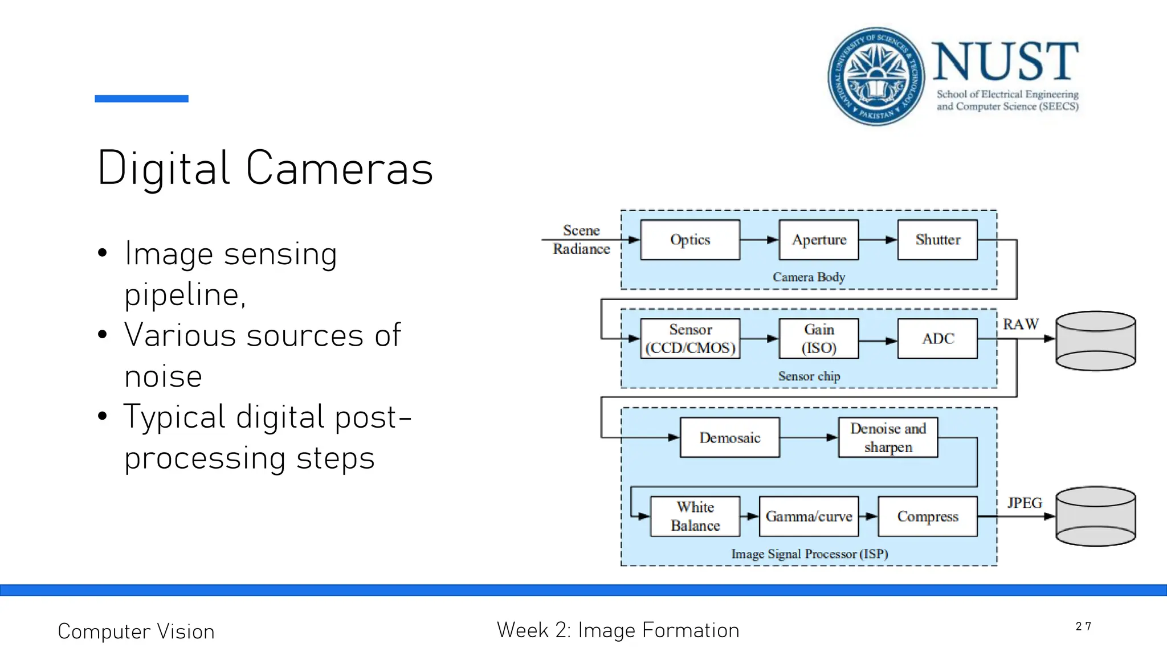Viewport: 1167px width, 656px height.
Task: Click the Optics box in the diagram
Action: click(690, 240)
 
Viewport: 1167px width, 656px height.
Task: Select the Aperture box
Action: click(819, 240)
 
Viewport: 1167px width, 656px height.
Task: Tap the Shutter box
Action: click(937, 240)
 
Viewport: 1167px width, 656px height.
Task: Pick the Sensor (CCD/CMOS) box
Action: click(690, 338)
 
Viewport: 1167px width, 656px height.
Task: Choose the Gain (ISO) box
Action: click(819, 338)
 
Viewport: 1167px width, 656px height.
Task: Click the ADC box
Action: click(937, 338)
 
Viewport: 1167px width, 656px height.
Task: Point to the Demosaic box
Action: click(730, 437)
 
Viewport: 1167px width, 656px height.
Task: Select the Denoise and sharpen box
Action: click(888, 437)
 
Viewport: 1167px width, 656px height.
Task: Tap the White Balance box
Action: click(695, 516)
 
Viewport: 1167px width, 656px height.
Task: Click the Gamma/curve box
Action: click(809, 516)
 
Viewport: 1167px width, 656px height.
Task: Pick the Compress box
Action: click(928, 516)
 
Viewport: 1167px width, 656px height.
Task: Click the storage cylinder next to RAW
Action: click(1095, 341)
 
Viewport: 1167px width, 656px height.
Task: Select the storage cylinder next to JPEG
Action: click(1095, 516)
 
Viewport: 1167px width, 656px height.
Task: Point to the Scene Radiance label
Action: click(581, 240)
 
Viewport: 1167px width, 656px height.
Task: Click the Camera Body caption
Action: click(809, 277)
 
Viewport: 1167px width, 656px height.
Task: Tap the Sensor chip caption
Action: click(809, 376)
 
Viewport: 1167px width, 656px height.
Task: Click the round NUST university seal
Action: click(876, 76)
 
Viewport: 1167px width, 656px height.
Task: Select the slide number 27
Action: click(1083, 626)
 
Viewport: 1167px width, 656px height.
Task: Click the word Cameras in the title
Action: click(340, 169)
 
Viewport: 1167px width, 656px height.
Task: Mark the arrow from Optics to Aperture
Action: click(760, 240)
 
